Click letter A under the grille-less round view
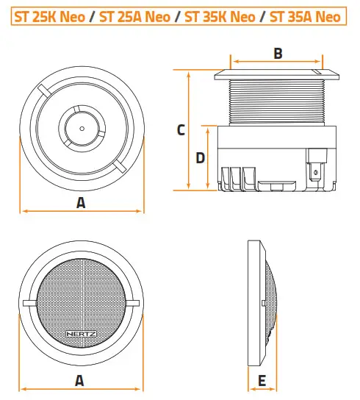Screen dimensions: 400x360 [81, 202]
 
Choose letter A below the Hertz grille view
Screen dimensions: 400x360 [81, 380]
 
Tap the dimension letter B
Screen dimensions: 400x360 [278, 53]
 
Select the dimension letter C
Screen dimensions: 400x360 [181, 130]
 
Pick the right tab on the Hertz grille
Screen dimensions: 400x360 [134, 303]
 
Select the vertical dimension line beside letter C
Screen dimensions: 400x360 [190, 130]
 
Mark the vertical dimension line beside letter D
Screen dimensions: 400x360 [208, 157]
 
